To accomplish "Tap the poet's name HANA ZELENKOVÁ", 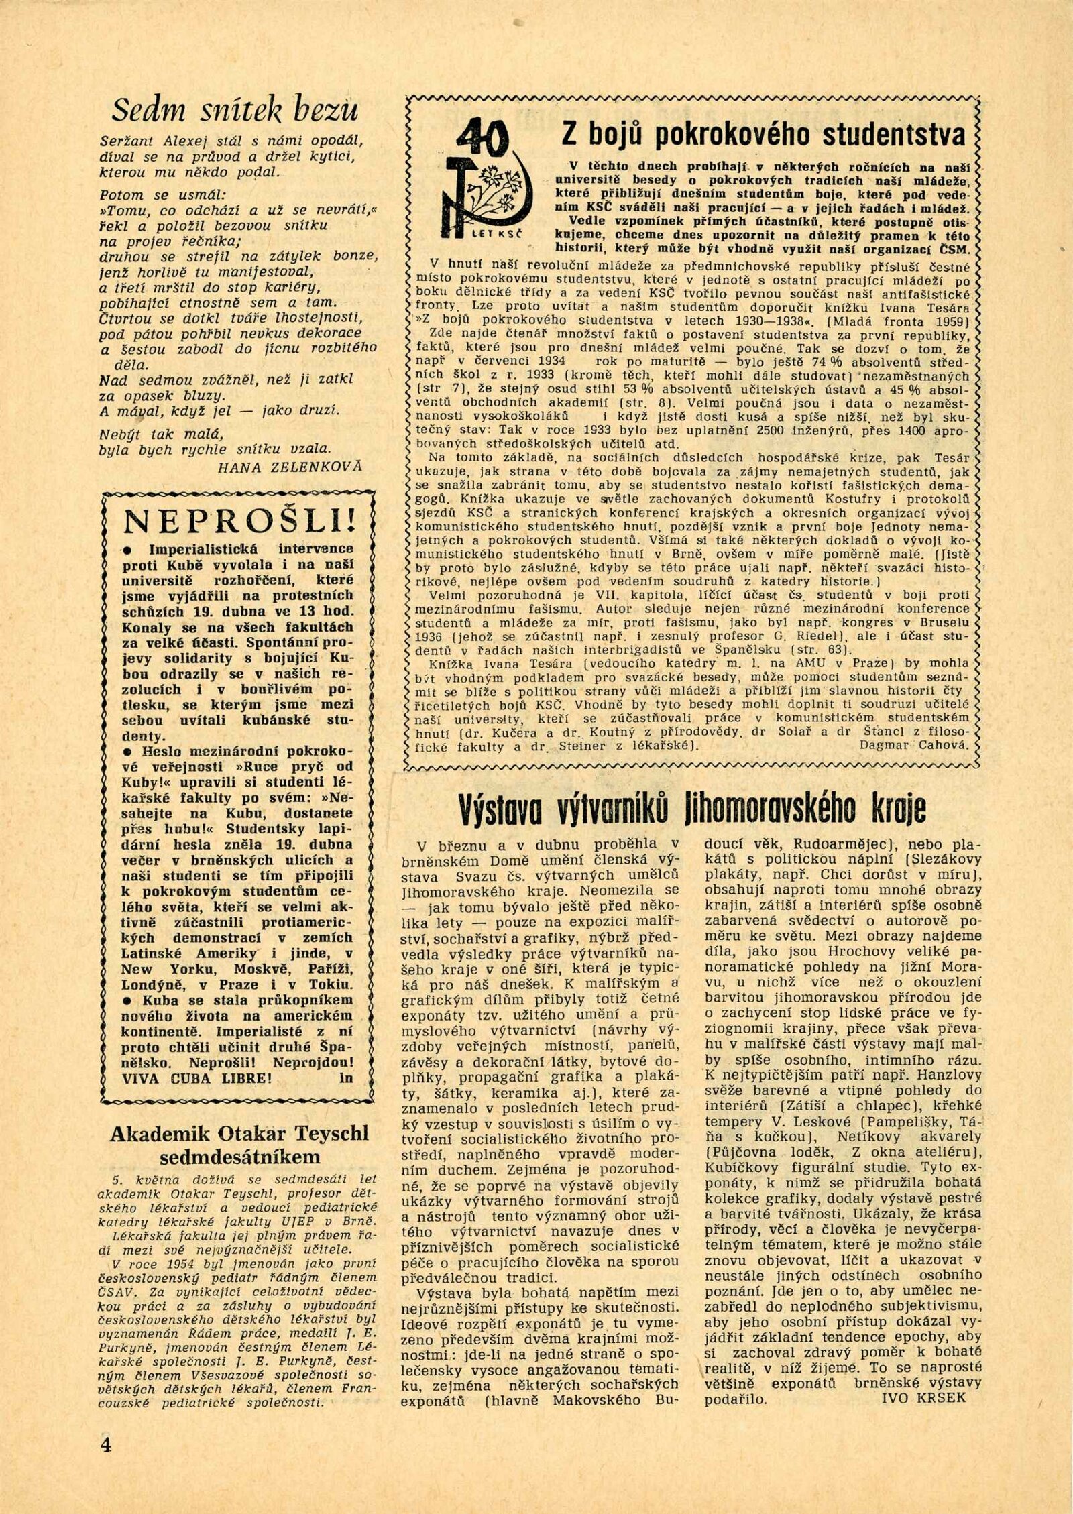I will point(290,467).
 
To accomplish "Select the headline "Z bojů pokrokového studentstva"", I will point(765,134).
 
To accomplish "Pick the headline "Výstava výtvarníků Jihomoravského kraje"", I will point(693,809).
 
